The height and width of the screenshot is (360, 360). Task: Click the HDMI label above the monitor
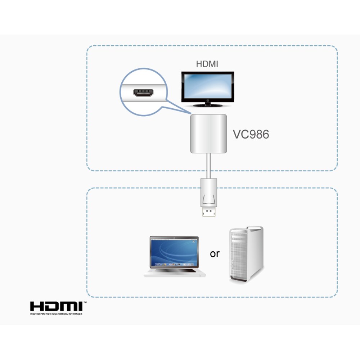207,64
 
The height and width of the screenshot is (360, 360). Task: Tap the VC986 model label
251,134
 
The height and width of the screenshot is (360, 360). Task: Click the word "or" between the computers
215,254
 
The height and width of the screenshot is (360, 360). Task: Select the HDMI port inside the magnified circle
143,93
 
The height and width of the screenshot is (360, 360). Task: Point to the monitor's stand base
208,105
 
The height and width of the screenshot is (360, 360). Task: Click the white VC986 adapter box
209,134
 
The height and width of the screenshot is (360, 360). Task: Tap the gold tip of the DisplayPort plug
209,212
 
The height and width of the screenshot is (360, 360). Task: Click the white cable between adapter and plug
208,166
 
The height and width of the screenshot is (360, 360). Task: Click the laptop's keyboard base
175,273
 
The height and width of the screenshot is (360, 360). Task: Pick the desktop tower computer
247,255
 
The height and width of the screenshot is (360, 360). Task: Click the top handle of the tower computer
255,228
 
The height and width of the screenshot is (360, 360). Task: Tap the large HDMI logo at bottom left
56,306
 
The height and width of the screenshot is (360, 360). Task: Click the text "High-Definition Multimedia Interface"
56,314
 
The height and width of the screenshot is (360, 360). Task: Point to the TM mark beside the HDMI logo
85,303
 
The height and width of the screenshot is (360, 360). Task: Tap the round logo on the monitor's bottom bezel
208,100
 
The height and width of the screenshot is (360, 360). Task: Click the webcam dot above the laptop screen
174,238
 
